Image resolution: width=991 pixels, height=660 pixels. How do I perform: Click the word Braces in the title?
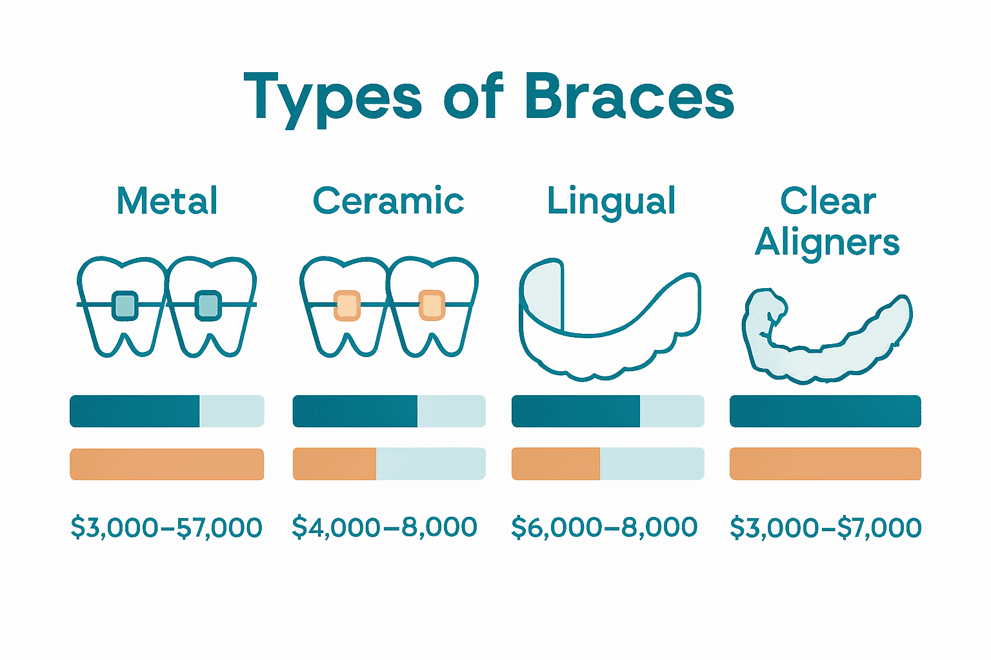[630, 97]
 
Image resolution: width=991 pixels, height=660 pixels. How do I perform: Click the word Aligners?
[827, 243]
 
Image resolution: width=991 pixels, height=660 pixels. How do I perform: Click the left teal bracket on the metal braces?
[125, 305]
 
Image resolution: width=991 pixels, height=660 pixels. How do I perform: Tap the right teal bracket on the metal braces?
[208, 305]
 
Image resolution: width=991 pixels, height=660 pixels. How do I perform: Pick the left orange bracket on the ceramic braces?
[347, 305]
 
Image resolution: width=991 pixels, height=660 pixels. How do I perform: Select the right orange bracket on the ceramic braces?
[432, 305]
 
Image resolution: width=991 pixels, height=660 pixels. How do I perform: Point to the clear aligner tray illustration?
[827, 338]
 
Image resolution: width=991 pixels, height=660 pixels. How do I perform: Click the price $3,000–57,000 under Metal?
[166, 527]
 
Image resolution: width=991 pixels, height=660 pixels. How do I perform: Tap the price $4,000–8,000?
[385, 527]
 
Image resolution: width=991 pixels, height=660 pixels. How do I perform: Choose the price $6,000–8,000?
[605, 527]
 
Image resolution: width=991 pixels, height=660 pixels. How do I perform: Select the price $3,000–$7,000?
[826, 527]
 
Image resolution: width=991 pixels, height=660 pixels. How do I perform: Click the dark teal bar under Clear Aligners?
[825, 411]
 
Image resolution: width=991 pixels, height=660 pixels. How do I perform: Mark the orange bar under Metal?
[166, 464]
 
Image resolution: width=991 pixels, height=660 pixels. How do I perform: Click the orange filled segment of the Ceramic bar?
[334, 464]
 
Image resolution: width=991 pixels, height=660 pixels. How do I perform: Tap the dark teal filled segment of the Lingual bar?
[576, 411]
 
